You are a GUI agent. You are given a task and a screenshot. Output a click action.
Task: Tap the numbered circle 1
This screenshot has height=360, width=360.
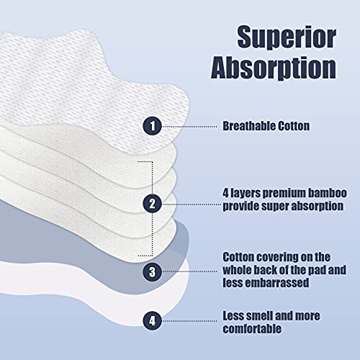[x=152, y=125]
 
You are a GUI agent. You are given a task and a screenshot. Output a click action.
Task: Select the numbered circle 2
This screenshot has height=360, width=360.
[x=152, y=203]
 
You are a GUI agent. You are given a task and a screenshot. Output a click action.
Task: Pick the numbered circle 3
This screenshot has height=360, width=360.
[x=152, y=271]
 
